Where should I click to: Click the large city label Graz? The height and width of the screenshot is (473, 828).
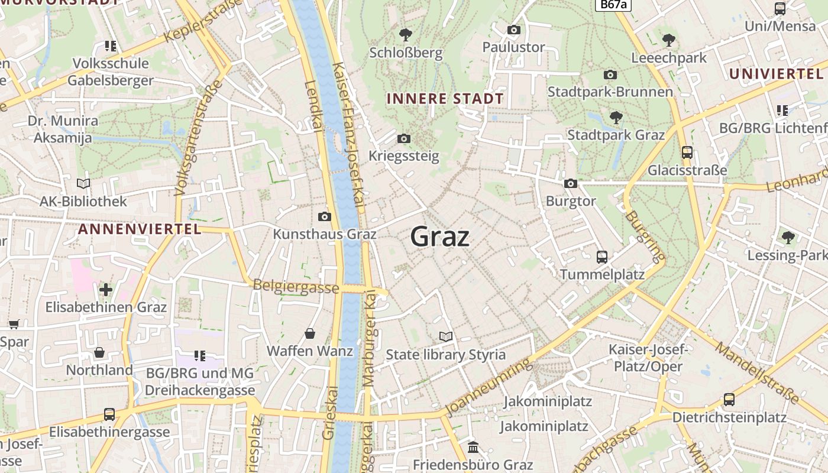440,237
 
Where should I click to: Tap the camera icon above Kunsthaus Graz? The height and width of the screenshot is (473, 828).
324,216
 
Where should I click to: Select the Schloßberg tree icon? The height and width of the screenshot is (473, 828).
406,34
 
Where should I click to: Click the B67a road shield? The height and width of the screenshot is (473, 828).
613,4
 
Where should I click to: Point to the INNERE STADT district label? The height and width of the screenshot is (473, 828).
445,99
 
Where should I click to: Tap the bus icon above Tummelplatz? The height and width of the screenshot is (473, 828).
601,257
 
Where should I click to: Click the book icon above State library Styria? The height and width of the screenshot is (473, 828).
446,336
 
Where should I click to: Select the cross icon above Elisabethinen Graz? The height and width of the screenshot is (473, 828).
106,289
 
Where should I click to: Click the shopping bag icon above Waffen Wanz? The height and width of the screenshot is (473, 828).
310,333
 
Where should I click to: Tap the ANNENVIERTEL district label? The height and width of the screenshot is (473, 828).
140,229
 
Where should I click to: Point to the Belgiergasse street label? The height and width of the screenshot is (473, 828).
296,287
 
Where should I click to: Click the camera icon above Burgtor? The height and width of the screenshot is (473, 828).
570,183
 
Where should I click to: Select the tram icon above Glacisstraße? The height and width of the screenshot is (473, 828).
687,152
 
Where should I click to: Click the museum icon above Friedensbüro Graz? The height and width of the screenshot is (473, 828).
473,447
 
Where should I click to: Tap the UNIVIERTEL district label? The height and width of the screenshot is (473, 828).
775,74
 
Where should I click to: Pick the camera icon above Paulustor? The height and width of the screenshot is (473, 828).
513,30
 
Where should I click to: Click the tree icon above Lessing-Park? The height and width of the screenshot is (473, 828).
788,238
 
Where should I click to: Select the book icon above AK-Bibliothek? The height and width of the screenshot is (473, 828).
83,183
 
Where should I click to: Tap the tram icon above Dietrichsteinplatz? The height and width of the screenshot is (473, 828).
729,400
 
